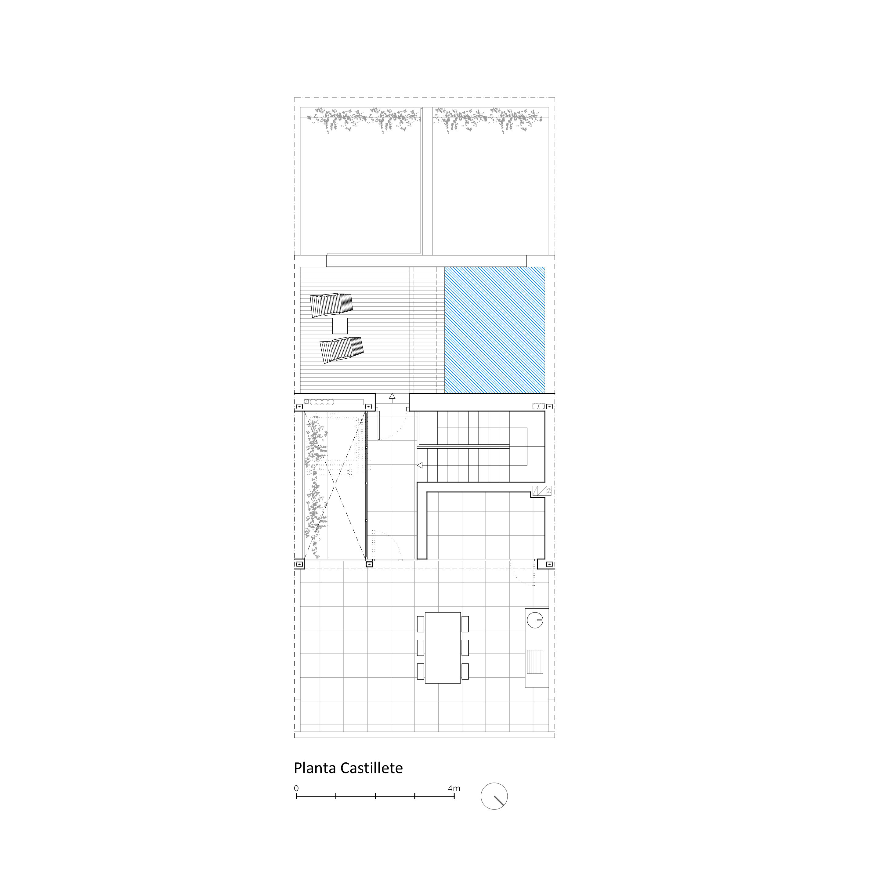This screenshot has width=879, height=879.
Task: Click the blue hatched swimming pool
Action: (x=494, y=330)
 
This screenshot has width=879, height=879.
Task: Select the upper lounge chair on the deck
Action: (x=331, y=305)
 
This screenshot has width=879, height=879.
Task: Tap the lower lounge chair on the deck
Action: (x=342, y=349)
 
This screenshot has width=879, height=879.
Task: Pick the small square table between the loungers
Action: (x=340, y=326)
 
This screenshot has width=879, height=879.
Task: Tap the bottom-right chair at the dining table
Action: (x=465, y=671)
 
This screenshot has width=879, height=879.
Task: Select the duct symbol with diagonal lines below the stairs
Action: (x=542, y=491)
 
